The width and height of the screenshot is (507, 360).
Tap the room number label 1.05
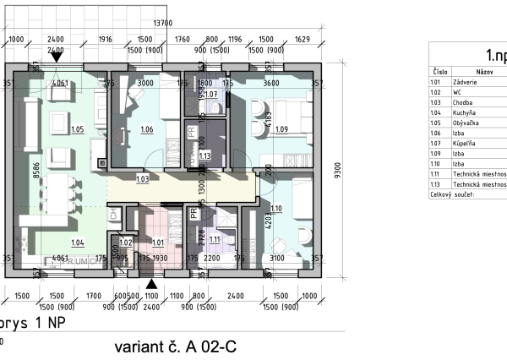(78, 129)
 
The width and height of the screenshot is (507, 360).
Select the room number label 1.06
(146, 129)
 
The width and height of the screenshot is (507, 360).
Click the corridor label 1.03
(142, 178)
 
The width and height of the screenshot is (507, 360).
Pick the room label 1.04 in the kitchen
(78, 243)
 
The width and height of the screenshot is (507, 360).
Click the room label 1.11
(214, 239)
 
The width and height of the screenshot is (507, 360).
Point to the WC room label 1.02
(126, 243)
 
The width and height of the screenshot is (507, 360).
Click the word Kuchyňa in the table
(467, 112)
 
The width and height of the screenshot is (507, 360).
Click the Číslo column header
(439, 73)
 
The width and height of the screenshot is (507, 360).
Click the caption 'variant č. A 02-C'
(174, 347)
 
